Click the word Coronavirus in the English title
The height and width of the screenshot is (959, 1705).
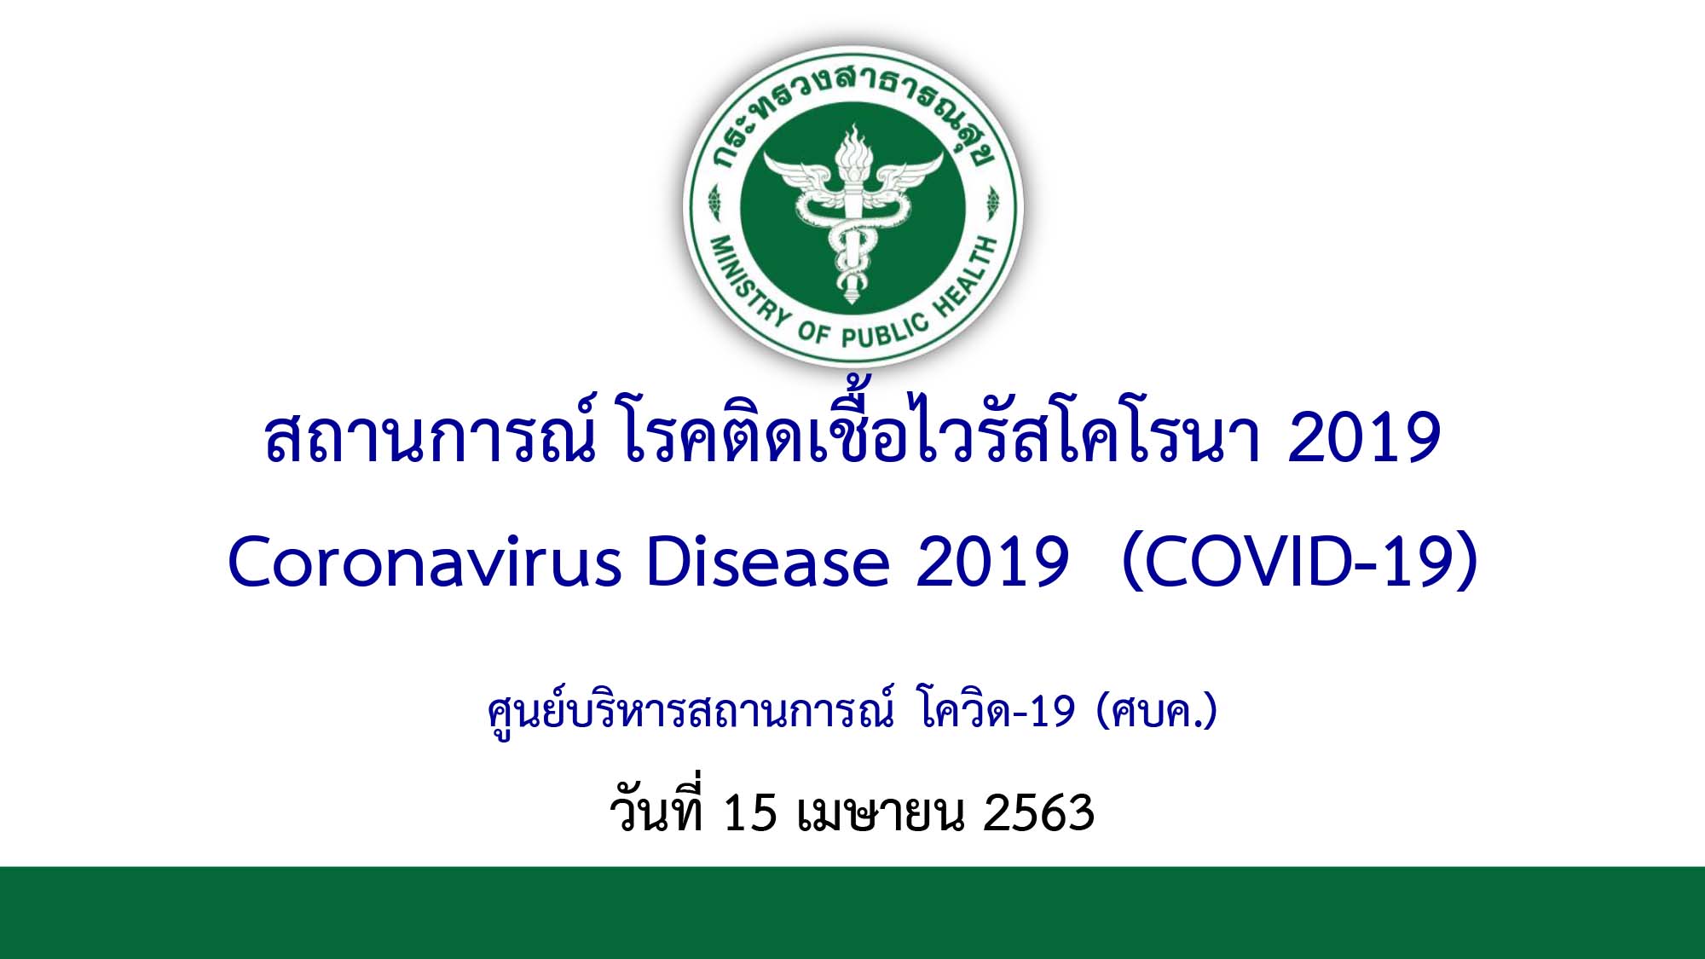[425, 563]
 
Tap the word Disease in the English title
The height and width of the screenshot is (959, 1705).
[769, 563]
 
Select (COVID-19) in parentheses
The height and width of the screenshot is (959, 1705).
[1300, 563]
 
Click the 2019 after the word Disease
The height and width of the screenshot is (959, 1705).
[992, 563]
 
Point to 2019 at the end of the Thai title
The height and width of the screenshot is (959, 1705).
[1364, 437]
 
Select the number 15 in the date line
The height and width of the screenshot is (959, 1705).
[750, 812]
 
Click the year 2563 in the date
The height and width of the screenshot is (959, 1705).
[1038, 812]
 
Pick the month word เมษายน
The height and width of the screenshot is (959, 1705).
[881, 813]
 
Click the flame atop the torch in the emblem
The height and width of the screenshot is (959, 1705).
[851, 148]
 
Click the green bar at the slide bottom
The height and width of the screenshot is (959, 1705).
[852, 912]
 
